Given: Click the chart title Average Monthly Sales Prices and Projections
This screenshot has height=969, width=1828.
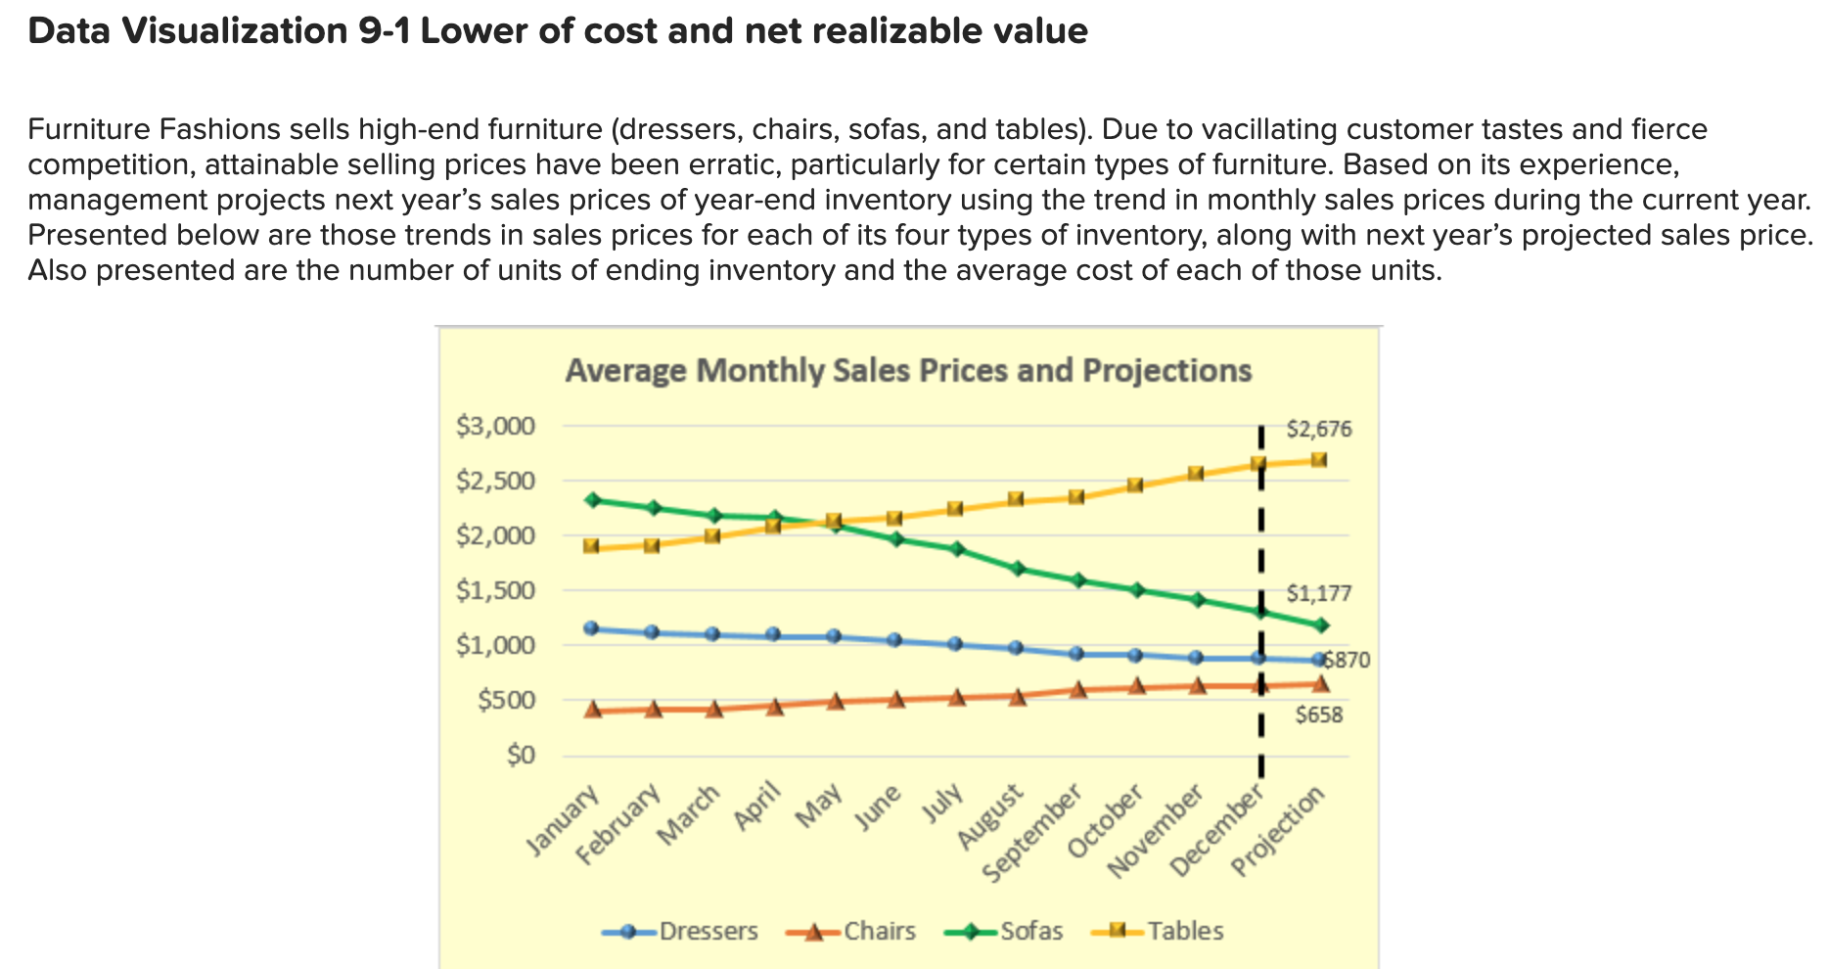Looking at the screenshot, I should pos(908,371).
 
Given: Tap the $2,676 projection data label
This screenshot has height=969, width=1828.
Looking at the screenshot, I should pos(1318,429).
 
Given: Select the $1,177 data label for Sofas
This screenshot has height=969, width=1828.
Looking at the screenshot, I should pos(1318,593).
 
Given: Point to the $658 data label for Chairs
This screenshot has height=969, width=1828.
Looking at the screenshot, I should pos(1319,715).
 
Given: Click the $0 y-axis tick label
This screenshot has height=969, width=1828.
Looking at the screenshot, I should pos(521,756).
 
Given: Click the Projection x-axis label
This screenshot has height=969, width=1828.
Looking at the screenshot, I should pos(1279,832).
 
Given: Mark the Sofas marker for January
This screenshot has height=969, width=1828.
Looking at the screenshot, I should pos(591,500).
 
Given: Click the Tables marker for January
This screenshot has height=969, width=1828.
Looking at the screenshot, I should pos(591,546).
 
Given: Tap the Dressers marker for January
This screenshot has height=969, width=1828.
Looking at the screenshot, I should pos(591,628).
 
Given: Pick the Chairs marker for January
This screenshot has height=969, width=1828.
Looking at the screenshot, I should pos(591,710).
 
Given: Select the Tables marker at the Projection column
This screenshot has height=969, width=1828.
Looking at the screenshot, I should pos(1319,460).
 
